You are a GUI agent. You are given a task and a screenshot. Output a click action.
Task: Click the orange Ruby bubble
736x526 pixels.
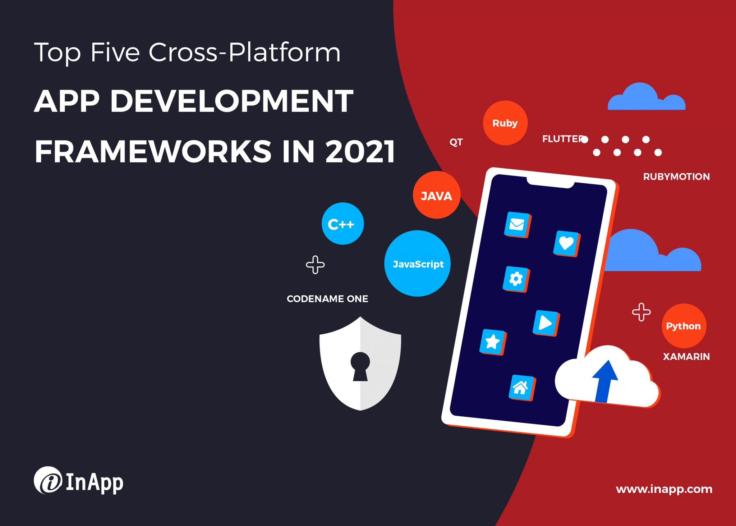pyautogui.click(x=505, y=123)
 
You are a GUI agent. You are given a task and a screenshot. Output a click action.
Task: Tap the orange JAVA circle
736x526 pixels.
pyautogui.click(x=437, y=195)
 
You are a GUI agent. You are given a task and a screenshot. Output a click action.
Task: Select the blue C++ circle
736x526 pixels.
pyautogui.click(x=342, y=224)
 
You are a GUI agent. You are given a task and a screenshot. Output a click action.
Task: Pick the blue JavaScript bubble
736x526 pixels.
pyautogui.click(x=417, y=264)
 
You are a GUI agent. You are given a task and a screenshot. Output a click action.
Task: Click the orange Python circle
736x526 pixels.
pyautogui.click(x=684, y=326)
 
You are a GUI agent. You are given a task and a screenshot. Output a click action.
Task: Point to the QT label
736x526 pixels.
pyautogui.click(x=456, y=142)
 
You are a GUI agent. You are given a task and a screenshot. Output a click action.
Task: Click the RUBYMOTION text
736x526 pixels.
pyautogui.click(x=676, y=177)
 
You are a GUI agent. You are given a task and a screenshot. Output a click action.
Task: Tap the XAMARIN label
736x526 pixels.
pyautogui.click(x=686, y=357)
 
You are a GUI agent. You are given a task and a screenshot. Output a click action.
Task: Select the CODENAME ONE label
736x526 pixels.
pyautogui.click(x=327, y=299)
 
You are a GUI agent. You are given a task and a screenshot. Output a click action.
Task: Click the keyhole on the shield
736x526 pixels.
pyautogui.click(x=360, y=366)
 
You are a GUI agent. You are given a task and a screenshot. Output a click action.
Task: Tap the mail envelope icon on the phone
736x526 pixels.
pyautogui.click(x=517, y=225)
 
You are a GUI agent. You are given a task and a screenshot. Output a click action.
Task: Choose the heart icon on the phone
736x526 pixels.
pyautogui.click(x=567, y=243)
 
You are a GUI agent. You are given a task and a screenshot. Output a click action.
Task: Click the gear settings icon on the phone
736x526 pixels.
pyautogui.click(x=516, y=279)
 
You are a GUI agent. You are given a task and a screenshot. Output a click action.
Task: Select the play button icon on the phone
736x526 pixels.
pyautogui.click(x=546, y=323)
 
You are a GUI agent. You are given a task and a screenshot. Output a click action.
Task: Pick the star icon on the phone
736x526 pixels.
pyautogui.click(x=493, y=342)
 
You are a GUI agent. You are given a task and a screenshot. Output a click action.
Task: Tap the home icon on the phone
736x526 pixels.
pyautogui.click(x=522, y=388)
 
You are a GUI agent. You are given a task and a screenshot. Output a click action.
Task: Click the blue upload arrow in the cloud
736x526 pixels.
pyautogui.click(x=605, y=381)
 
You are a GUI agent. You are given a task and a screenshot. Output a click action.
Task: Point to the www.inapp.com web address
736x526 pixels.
pyautogui.click(x=664, y=489)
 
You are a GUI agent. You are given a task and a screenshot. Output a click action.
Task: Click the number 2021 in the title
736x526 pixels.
pyautogui.click(x=360, y=151)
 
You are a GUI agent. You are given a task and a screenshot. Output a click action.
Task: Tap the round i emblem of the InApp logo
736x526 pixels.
pyautogui.click(x=48, y=480)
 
